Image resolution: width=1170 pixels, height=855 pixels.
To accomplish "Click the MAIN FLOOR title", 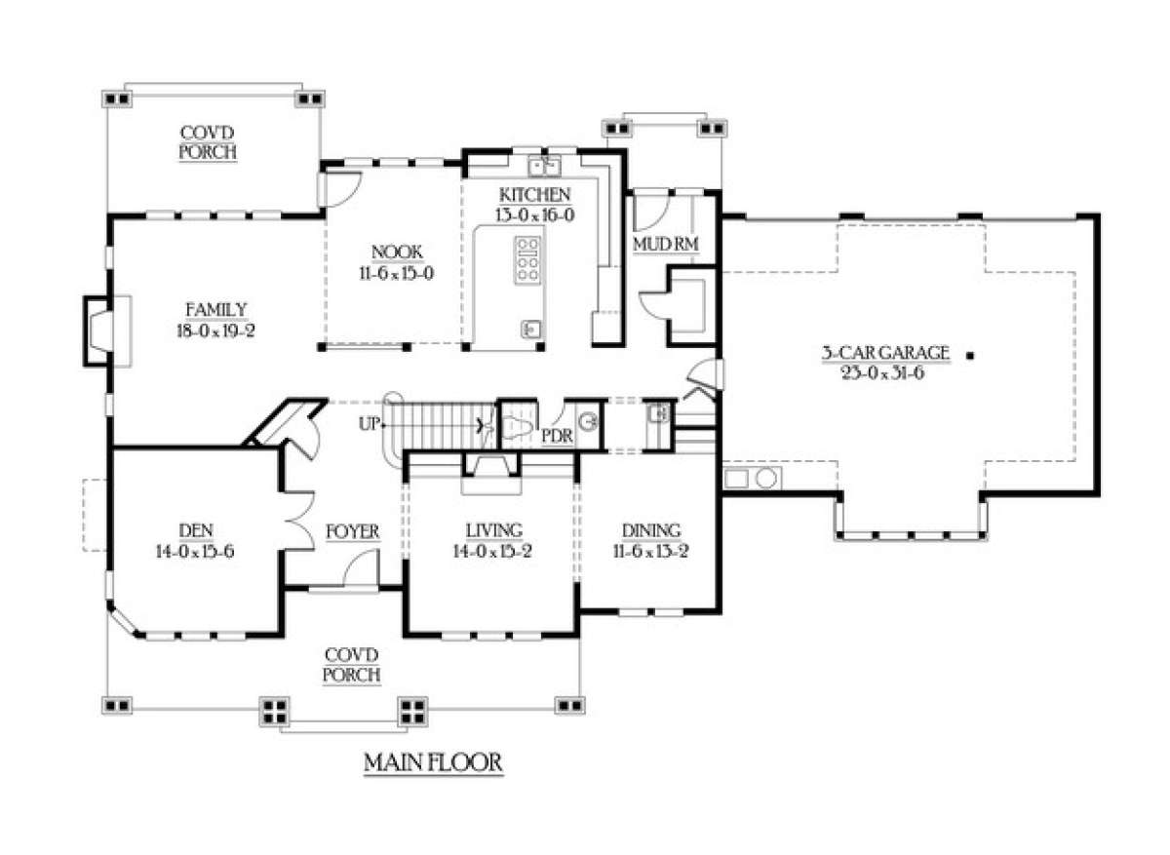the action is [433, 763].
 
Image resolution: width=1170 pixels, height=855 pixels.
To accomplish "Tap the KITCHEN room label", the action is [535, 195].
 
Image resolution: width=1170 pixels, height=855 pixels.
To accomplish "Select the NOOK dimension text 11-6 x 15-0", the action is [397, 273].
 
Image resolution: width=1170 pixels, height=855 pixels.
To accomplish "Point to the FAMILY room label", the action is [216, 310].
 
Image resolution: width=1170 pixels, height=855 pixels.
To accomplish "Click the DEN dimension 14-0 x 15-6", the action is [195, 551].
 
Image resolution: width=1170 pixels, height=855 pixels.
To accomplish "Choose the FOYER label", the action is [353, 531].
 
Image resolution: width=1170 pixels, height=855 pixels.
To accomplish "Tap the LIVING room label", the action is [494, 530].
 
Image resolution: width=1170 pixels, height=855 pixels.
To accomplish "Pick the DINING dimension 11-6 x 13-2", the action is [651, 551].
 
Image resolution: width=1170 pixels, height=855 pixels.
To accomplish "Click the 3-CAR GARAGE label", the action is [885, 353].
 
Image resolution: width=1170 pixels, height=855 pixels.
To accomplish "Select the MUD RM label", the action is [665, 244].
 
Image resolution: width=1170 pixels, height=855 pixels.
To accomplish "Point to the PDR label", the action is [557, 436].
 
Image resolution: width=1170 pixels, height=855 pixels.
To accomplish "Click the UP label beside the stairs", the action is [370, 424].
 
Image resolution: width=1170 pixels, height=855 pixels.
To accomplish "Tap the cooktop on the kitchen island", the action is [527, 260].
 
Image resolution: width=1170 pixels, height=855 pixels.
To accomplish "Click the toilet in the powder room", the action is [518, 427].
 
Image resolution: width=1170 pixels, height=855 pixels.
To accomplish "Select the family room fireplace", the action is [102, 331].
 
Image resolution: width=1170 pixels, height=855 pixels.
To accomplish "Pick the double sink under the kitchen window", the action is [544, 167].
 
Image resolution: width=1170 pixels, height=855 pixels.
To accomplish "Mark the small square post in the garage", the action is [970, 356].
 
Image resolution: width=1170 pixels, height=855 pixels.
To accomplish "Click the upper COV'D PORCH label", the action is [208, 142].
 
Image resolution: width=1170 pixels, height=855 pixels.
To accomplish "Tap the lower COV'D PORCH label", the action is [351, 665].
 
